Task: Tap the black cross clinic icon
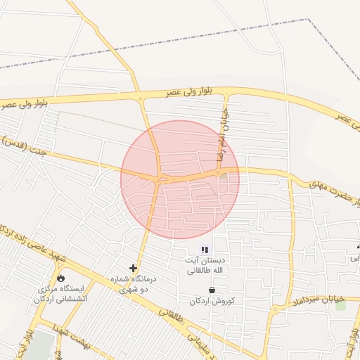tap(133, 268)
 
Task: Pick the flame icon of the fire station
tap(60, 278)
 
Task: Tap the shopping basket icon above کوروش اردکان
tap(212, 290)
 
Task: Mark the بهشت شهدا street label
tap(70, 335)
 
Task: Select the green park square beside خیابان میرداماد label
tap(341, 305)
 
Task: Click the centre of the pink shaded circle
tap(180, 179)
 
